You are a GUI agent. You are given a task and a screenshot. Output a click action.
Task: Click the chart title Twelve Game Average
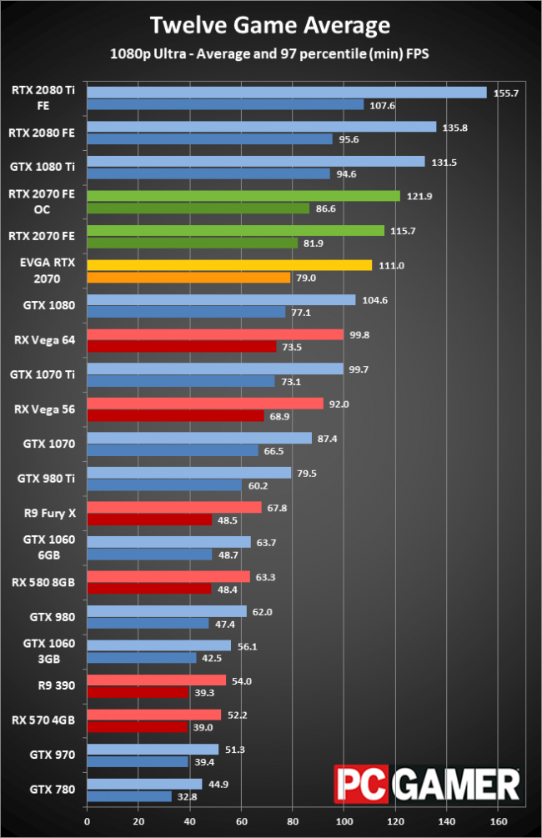270,26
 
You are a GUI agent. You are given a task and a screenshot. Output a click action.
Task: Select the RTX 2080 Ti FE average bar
286,93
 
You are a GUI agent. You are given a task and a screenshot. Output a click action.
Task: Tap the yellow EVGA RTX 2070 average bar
228,265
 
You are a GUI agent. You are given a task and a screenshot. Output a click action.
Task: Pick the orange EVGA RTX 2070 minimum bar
188,278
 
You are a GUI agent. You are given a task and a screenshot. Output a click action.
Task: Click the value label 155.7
506,93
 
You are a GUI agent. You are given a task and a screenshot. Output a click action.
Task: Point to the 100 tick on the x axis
344,820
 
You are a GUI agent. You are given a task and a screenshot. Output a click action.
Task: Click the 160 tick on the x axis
498,820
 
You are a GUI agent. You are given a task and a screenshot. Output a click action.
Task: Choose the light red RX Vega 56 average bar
204,404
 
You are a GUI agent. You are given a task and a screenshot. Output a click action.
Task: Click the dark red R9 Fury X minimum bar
148,519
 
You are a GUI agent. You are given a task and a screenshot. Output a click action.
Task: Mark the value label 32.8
187,795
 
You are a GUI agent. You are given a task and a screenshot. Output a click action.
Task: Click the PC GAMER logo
428,785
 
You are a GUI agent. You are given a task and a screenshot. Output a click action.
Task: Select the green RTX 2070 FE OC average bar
243,196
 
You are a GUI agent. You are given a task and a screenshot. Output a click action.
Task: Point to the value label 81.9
313,243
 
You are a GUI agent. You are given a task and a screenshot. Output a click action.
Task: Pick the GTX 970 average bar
152,749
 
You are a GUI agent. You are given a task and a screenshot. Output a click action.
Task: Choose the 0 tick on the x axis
87,820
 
